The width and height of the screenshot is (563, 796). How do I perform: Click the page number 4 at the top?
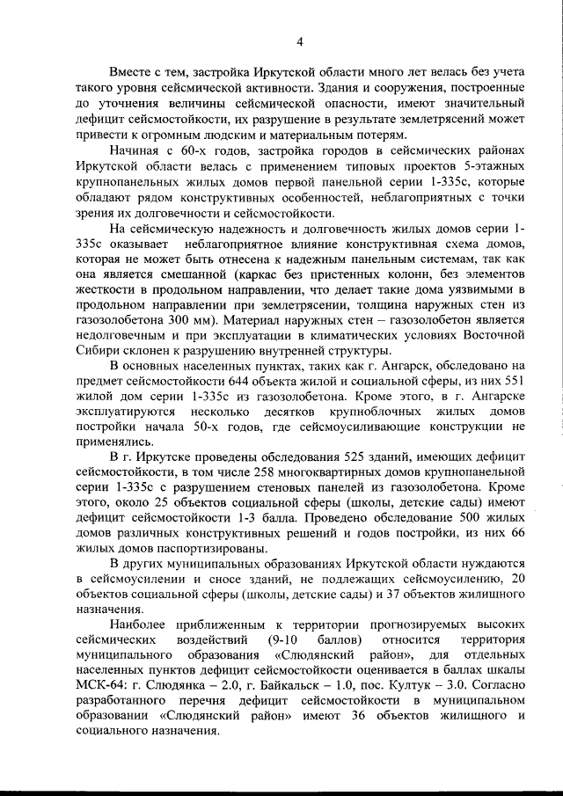[x=300, y=40]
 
